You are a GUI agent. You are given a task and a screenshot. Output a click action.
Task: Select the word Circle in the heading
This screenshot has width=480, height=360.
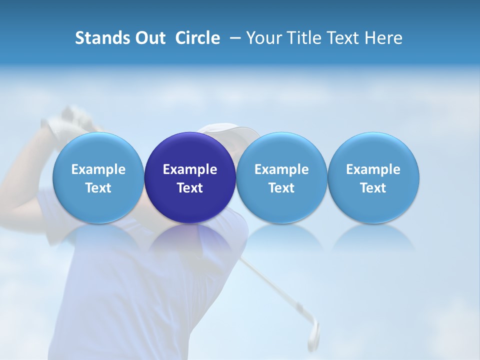pyautogui.click(x=197, y=38)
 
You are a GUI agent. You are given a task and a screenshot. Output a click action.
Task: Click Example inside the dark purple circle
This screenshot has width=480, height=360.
pyautogui.click(x=190, y=169)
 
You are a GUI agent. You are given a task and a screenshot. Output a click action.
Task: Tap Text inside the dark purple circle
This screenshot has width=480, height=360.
pyautogui.click(x=190, y=188)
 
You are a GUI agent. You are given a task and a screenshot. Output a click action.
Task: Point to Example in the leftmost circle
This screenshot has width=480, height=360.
pyautogui.click(x=98, y=169)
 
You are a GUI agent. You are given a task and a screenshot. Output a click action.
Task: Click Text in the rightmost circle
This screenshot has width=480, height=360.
pyautogui.click(x=373, y=188)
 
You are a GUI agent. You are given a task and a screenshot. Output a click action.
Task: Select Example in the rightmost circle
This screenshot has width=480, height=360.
pyautogui.click(x=373, y=169)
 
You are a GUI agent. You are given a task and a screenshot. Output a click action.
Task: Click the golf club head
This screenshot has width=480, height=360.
pyautogui.click(x=313, y=332)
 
